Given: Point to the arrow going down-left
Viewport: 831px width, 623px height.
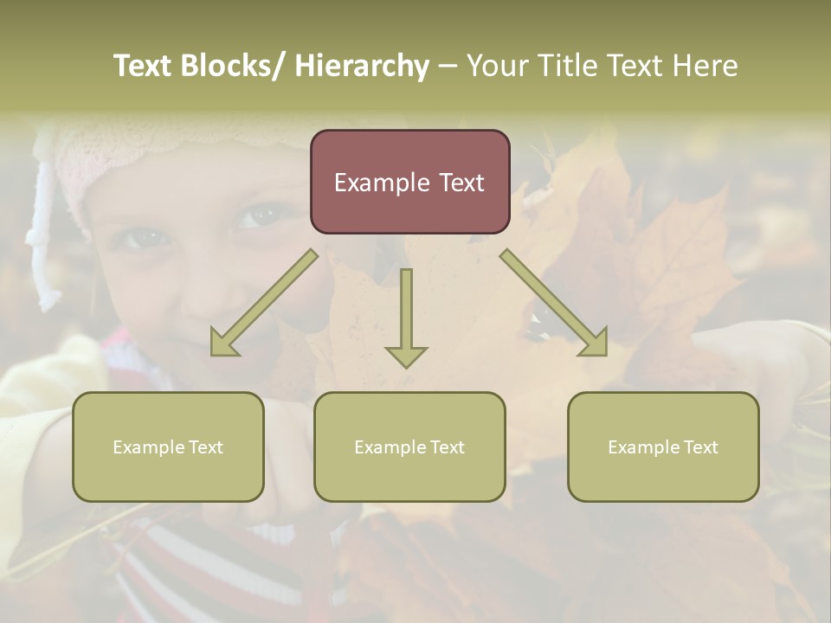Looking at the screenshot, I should click(x=264, y=303).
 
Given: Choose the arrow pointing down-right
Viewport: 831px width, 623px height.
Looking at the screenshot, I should click(x=554, y=303).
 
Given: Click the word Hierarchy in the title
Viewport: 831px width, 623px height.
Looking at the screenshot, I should click(x=362, y=67).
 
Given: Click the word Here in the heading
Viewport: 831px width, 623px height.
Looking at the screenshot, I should click(x=703, y=67).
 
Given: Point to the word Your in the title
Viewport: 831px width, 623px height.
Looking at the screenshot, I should click(x=498, y=67).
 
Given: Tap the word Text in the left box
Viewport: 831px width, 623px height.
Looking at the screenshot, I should click(x=206, y=447).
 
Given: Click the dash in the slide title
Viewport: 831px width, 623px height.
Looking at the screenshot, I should click(x=448, y=67).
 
